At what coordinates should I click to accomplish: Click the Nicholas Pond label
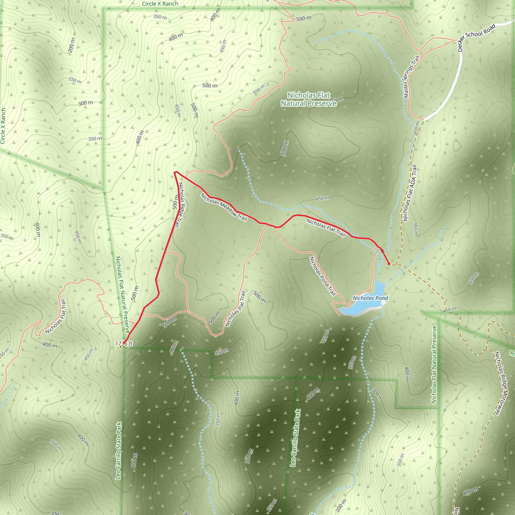coord(370,298)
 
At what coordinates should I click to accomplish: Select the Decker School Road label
coord(476,37)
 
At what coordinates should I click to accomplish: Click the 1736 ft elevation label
coord(124,344)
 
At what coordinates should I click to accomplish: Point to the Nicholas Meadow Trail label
coord(224,207)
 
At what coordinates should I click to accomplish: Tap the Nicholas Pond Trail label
coord(322,276)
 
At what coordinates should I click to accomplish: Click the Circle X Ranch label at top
coord(160,4)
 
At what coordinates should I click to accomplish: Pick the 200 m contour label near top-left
coord(71,45)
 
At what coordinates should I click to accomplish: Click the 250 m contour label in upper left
coord(75,80)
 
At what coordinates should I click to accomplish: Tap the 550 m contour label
coord(259,89)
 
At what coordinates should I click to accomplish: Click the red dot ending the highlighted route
coord(389,264)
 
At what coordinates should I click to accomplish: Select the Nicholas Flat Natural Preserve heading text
coord(309,99)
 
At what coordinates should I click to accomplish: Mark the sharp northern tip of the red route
coord(175,172)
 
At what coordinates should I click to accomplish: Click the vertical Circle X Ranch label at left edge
coord(3,125)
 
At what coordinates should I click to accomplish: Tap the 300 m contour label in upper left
coord(85,103)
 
